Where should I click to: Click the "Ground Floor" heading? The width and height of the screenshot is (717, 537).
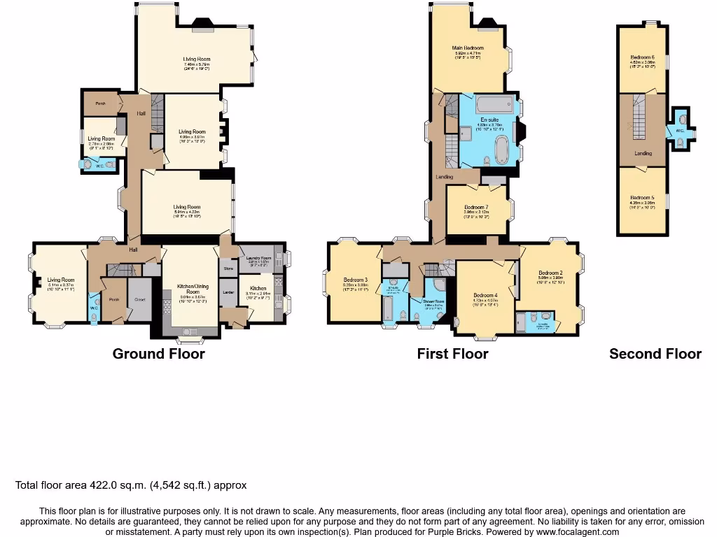point(159,354)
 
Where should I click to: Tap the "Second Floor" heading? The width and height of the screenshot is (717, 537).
point(655,354)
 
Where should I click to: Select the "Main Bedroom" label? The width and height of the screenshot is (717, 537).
point(468,48)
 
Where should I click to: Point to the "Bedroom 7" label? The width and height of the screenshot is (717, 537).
point(476,208)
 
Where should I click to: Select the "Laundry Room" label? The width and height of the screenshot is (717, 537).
point(258,259)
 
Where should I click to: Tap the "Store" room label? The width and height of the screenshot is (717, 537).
point(228,268)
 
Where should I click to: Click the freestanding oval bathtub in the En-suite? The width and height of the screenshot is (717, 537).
point(501,149)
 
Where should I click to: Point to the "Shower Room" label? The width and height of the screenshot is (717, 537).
point(433,301)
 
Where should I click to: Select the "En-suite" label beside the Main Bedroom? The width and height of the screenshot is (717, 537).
point(489,120)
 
